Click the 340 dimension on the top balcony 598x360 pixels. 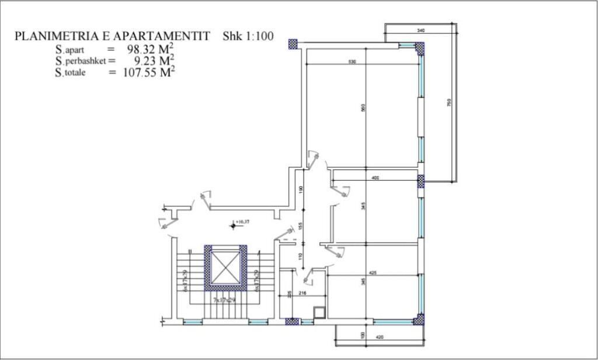[421, 29]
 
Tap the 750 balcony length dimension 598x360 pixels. [448, 103]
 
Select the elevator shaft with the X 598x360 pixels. [225, 266]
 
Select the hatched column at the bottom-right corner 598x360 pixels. [419, 320]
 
